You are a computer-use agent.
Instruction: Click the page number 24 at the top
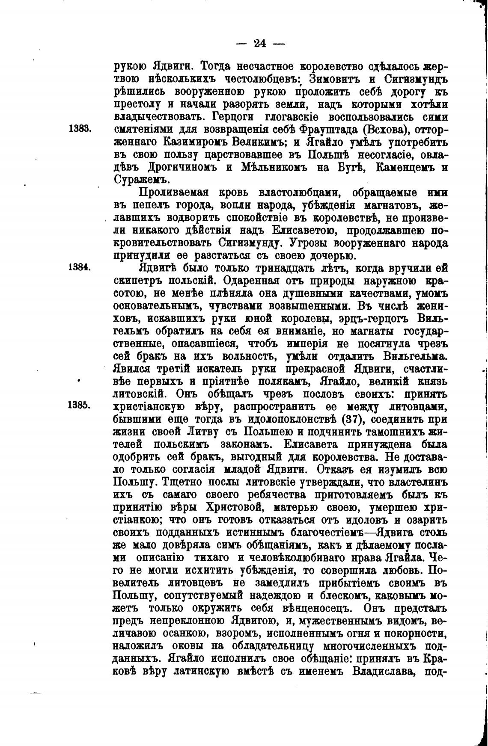click(x=261, y=43)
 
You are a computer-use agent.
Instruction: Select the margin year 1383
click(x=79, y=129)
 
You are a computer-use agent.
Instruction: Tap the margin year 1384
click(x=79, y=267)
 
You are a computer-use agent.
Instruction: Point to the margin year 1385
click(x=79, y=405)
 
